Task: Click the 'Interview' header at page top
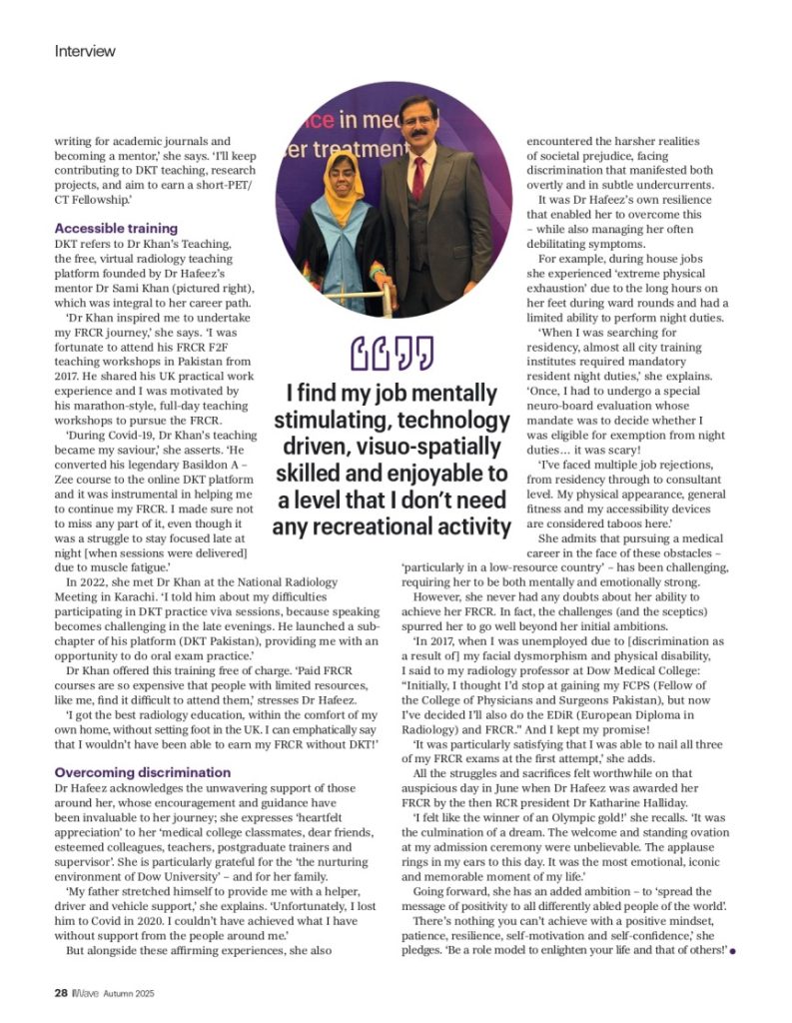(85, 50)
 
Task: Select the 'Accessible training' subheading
(116, 228)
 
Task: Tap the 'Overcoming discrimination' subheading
(143, 772)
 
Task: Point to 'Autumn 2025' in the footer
(129, 994)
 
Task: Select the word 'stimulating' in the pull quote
(332, 421)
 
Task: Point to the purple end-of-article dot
(733, 950)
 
